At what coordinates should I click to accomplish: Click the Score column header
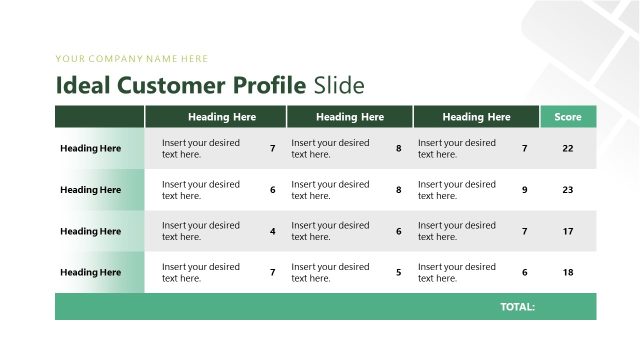pyautogui.click(x=568, y=117)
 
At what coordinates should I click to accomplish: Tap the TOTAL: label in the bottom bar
pyautogui.click(x=517, y=307)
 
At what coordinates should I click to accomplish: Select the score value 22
pyautogui.click(x=568, y=149)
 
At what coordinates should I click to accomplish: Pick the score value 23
pyautogui.click(x=568, y=190)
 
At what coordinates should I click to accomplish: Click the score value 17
pyautogui.click(x=568, y=231)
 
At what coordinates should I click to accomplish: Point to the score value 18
pyautogui.click(x=568, y=272)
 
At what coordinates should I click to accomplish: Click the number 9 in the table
pyautogui.click(x=525, y=190)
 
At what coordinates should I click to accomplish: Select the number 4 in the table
pyautogui.click(x=273, y=231)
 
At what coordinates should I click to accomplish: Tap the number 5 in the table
pyautogui.click(x=399, y=272)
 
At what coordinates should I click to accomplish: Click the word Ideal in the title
pyautogui.click(x=83, y=85)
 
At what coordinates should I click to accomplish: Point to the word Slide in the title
pyautogui.click(x=338, y=85)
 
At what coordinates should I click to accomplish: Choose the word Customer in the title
pyautogui.click(x=171, y=85)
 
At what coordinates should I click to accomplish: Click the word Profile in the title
pyautogui.click(x=270, y=85)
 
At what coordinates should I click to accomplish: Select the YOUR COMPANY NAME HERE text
pyautogui.click(x=132, y=59)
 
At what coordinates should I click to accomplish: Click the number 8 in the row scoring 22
pyautogui.click(x=399, y=149)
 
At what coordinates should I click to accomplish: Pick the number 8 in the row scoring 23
pyautogui.click(x=399, y=190)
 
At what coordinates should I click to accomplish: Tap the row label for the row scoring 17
pyautogui.click(x=90, y=231)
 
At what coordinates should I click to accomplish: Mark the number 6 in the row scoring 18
pyautogui.click(x=525, y=272)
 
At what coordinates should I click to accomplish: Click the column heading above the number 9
pyautogui.click(x=476, y=117)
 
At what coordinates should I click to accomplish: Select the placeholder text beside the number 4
pyautogui.click(x=201, y=231)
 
